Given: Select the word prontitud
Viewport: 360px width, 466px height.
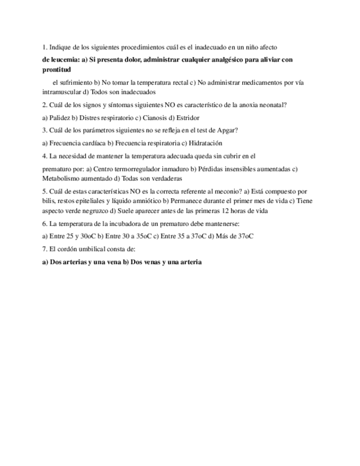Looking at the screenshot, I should tap(57, 70).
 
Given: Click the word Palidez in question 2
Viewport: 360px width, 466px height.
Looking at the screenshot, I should tap(61, 118).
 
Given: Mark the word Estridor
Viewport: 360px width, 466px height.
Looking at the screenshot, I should tap(188, 118).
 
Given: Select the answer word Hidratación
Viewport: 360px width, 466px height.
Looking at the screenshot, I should tap(206, 143).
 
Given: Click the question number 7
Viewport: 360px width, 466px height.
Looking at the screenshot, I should tap(44, 249).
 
